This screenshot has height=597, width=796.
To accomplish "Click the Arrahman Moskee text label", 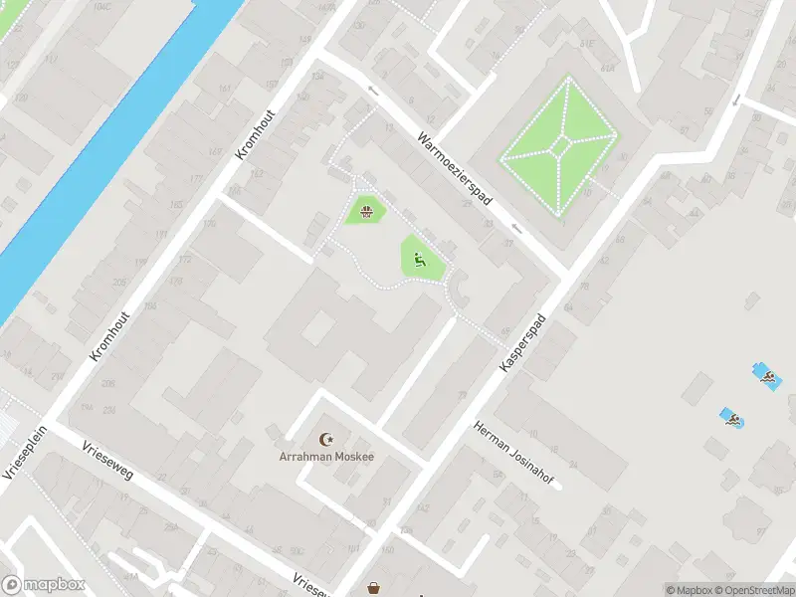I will tap(325, 457).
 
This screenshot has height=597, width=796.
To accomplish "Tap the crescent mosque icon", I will tap(325, 439).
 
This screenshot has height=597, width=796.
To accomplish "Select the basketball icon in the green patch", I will tap(366, 211).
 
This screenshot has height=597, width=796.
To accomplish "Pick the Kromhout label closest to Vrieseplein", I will tap(103, 331).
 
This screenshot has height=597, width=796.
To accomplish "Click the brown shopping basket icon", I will tap(374, 588).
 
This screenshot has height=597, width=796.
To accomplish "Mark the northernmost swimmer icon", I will tap(767, 375).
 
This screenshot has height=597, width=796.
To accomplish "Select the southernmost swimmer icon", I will tap(733, 419).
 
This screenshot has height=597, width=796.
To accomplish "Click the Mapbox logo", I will tap(43, 585).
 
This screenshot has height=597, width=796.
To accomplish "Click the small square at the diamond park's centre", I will tap(561, 147).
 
